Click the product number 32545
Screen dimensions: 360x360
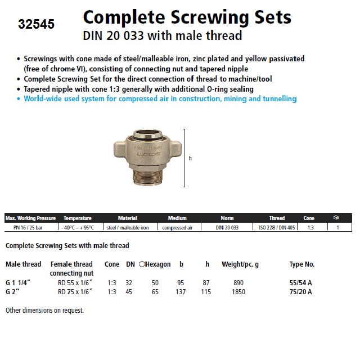tap(36, 25)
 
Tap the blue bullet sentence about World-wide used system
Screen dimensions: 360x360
tap(160, 98)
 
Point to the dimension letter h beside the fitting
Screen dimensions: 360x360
tap(190, 159)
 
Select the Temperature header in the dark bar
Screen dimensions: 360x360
tap(77, 218)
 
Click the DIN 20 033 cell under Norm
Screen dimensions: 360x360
tap(227, 227)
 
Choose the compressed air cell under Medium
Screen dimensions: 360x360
tap(177, 227)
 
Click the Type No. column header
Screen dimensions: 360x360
tap(301, 264)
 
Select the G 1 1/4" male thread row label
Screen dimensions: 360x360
tap(19, 282)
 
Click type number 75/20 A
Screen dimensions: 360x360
tap(300, 291)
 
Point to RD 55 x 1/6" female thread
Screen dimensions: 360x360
tap(75, 282)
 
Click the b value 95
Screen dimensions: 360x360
tap(181, 282)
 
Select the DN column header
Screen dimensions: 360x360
tap(130, 264)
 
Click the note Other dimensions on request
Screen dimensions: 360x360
tap(44, 310)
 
